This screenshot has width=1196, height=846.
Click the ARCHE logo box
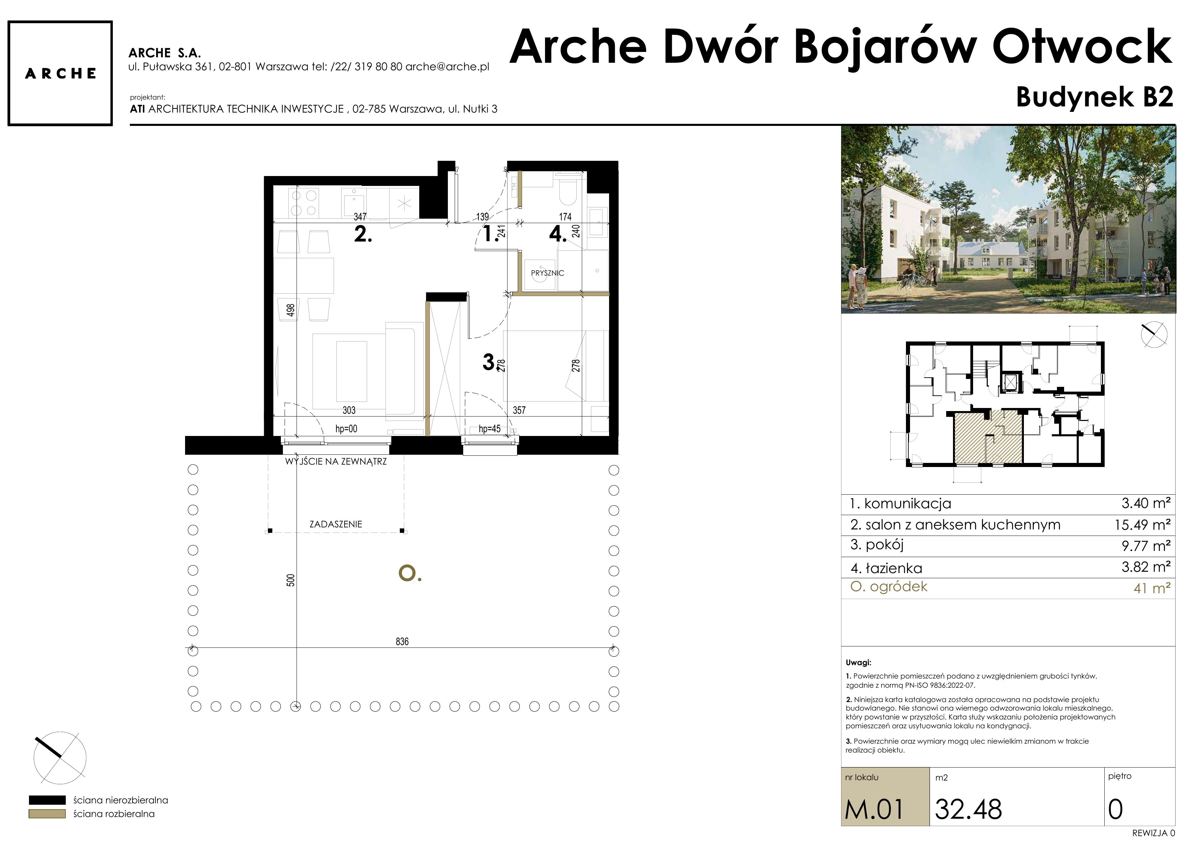[60, 73]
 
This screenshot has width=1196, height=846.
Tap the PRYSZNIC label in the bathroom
[547, 273]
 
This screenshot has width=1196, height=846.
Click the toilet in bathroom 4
[566, 192]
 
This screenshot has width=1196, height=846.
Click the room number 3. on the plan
[489, 361]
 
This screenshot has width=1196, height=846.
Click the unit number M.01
[874, 809]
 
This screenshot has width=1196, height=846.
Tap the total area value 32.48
[968, 809]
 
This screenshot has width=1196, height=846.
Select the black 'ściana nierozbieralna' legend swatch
[47, 800]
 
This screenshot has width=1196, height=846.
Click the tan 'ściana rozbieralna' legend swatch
[47, 814]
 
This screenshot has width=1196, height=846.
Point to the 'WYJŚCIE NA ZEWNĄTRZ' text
[336, 461]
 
